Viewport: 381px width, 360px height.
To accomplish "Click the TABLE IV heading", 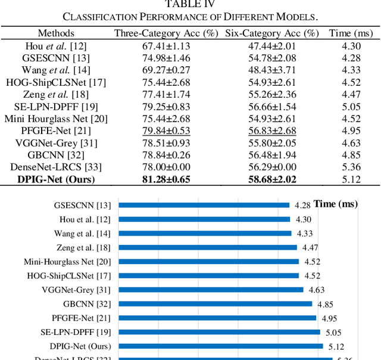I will tap(190, 4).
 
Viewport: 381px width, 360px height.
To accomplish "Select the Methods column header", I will tap(57, 33).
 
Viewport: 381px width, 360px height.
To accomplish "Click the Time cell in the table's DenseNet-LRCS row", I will tap(351, 167).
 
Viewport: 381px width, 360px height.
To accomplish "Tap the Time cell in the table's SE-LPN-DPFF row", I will tap(351, 107).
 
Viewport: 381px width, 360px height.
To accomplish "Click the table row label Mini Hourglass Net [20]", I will tap(57, 119).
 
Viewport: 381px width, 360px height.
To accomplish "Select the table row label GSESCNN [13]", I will tap(57, 58).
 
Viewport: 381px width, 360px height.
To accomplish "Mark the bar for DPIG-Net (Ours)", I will tap(221, 346).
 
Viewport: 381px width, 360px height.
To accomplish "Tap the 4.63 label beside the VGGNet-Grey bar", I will tap(317, 290).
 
